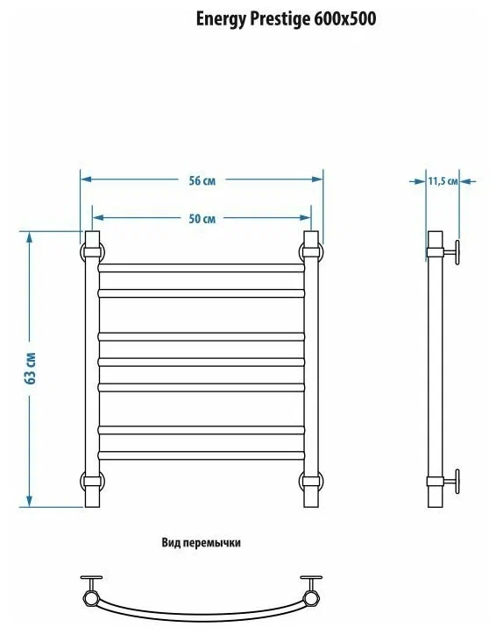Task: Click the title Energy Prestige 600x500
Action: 286,18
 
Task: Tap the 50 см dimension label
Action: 202,219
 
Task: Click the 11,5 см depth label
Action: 443,181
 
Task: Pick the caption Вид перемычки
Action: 201,543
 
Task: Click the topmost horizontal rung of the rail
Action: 202,266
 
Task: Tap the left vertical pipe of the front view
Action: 91,368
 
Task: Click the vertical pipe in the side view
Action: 435,368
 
